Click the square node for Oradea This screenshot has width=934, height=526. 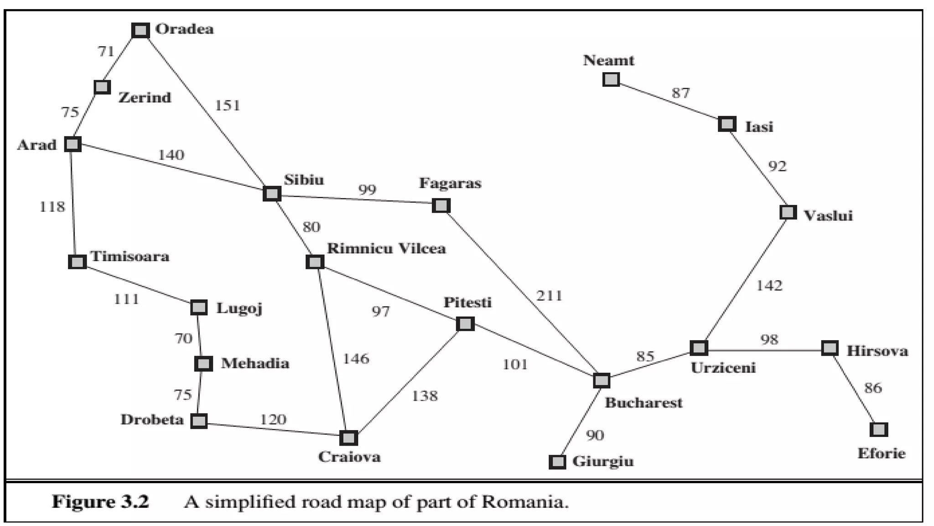click(140, 31)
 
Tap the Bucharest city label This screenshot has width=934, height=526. click(643, 403)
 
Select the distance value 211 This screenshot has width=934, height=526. click(549, 296)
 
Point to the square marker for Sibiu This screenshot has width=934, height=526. click(272, 194)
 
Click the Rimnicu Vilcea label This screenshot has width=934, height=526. click(386, 249)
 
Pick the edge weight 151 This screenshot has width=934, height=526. click(227, 105)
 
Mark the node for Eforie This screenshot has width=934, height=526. click(878, 430)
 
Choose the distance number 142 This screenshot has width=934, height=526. click(769, 286)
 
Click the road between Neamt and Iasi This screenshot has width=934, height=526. click(669, 102)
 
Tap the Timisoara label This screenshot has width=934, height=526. click(130, 256)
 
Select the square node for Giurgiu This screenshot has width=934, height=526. click(557, 462)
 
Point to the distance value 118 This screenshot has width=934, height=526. click(52, 207)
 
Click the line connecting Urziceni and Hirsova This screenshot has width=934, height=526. click(764, 350)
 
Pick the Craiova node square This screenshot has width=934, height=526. click(348, 438)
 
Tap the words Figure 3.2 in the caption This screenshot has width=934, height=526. click(100, 502)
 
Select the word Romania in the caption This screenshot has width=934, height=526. click(525, 502)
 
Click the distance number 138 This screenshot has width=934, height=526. click(425, 396)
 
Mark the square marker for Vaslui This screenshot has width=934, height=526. click(788, 212)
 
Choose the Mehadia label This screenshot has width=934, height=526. click(255, 363)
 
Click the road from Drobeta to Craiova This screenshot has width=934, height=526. click(274, 429)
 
